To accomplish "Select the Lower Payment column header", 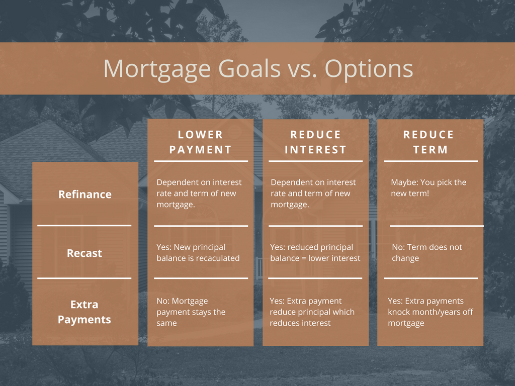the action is coord(200,142).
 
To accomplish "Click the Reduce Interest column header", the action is coord(315,142).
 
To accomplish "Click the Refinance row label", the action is coord(84,195).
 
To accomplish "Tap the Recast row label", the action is coord(84,253).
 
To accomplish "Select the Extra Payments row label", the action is coord(84,312).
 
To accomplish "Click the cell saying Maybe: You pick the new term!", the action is coord(428,188).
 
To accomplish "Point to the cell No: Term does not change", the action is coord(426,253).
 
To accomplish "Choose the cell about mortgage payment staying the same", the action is coord(191,312).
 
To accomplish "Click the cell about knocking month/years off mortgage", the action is coord(431,312).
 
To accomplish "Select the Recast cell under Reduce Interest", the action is coord(315,253).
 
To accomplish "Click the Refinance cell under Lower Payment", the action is coord(199,194).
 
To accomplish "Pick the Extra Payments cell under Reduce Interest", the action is coord(312,312).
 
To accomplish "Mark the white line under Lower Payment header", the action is coord(201,161).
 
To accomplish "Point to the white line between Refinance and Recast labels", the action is coord(84,226).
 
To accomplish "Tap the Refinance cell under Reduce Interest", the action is coord(313,194).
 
